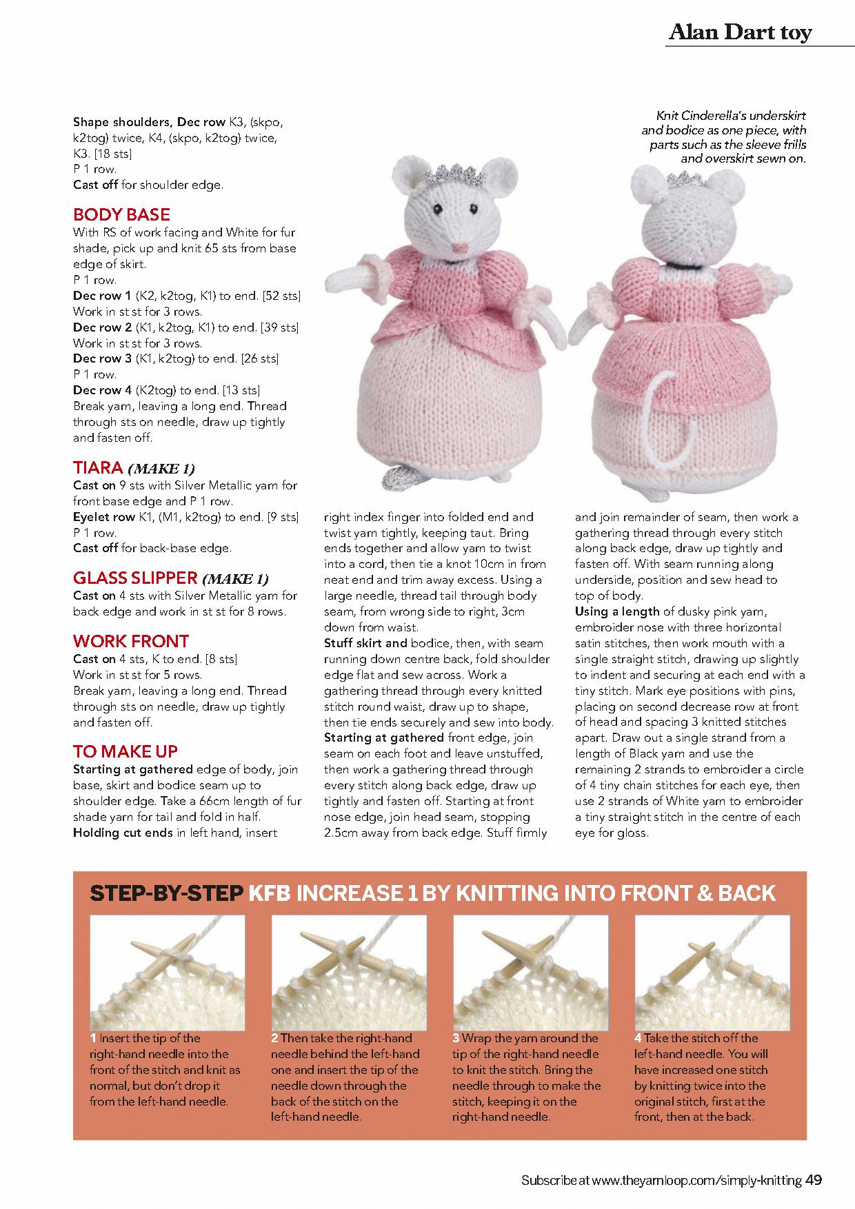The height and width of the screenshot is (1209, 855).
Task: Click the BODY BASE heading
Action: tap(121, 214)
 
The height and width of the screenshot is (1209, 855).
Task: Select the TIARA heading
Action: tap(98, 468)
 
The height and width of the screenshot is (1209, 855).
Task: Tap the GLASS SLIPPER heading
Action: tap(135, 578)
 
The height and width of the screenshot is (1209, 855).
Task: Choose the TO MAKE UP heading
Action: tap(125, 751)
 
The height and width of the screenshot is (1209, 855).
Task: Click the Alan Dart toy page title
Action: tap(739, 32)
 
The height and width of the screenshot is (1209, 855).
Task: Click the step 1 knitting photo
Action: tap(168, 973)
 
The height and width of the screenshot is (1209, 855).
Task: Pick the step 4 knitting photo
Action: tap(711, 973)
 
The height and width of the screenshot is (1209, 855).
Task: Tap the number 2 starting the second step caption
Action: tap(274, 1038)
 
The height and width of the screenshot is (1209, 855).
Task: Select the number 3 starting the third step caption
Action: tap(456, 1038)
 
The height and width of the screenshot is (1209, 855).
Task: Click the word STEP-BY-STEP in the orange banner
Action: tap(166, 893)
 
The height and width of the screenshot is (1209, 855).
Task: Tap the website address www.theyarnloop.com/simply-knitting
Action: tap(696, 1181)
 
